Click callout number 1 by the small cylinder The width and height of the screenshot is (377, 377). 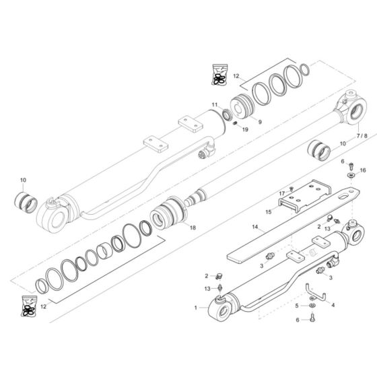pos(196,307)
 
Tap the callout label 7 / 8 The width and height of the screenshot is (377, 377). pos(362,135)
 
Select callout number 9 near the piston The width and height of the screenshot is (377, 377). pos(260,123)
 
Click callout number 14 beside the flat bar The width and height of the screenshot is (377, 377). pos(255,227)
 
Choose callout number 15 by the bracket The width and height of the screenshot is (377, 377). pos(268,211)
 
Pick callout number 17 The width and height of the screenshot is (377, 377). pos(282,194)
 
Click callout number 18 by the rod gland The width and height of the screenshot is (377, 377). pos(193,228)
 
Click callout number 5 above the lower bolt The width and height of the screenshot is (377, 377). pos(296,307)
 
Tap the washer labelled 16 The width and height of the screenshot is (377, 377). pos(351,175)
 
